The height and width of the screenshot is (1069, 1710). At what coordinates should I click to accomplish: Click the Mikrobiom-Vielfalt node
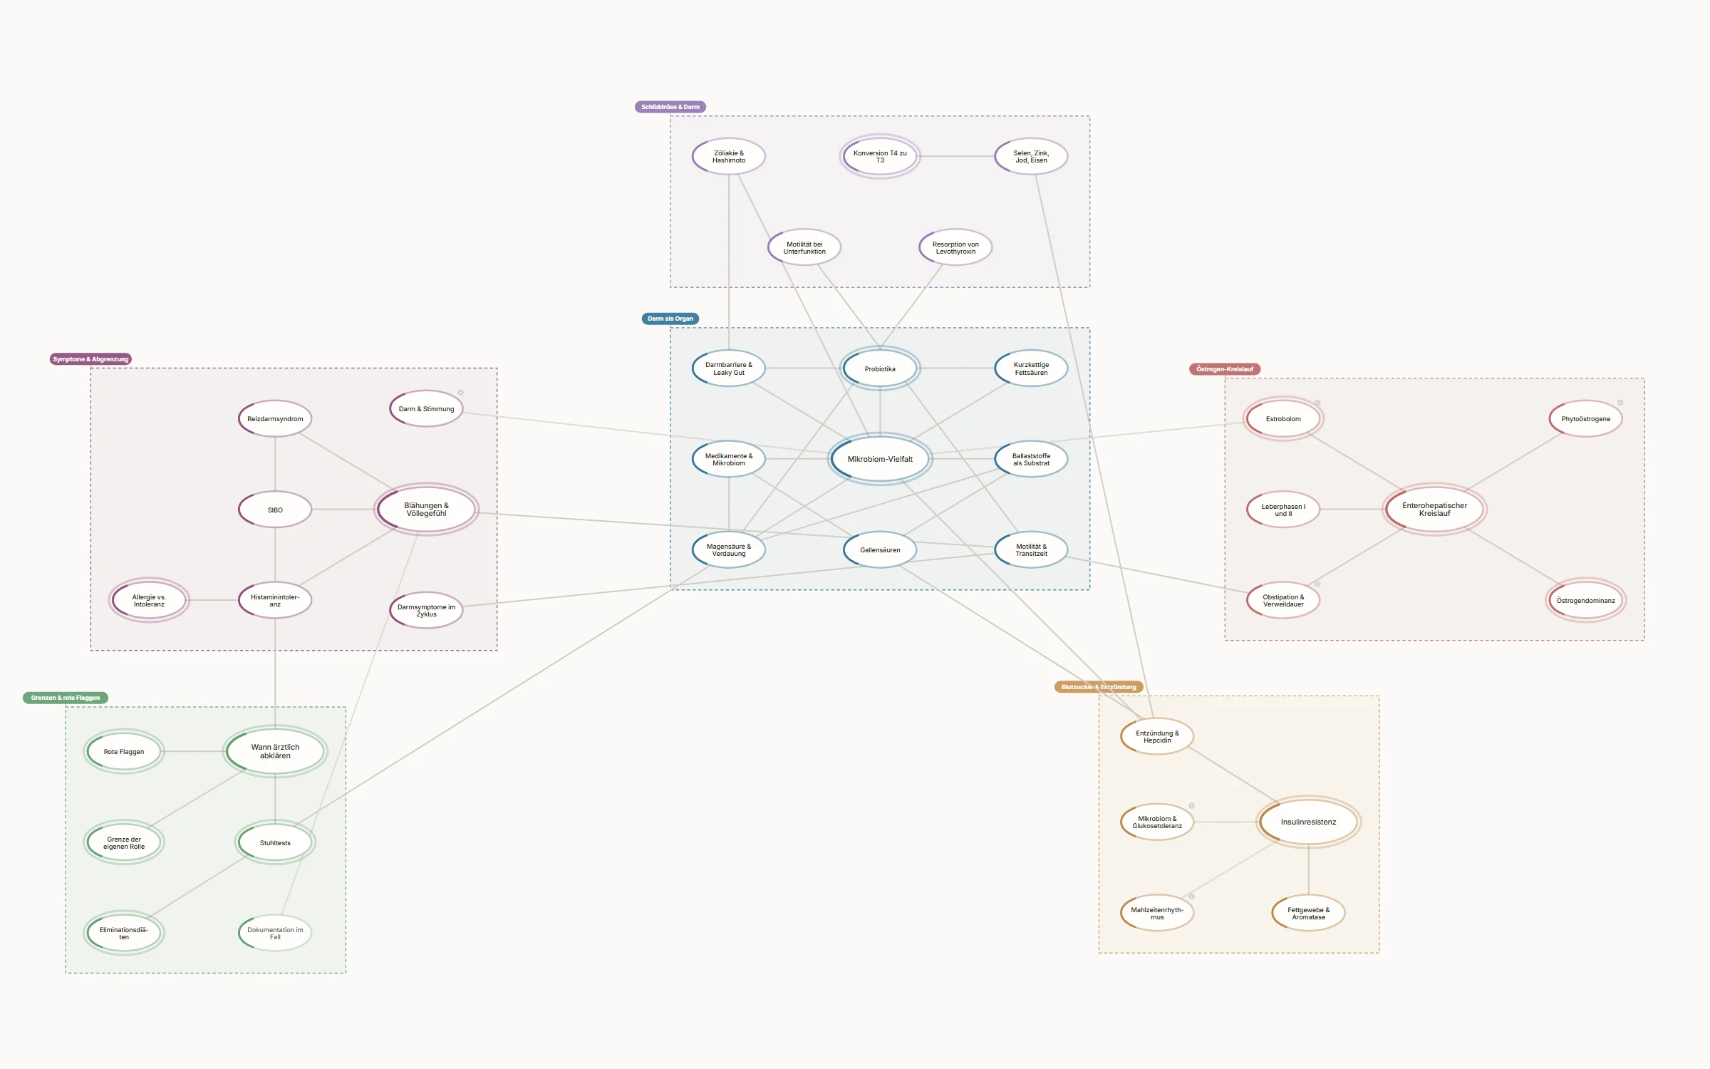pos(880,459)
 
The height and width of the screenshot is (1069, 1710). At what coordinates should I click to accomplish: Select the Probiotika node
pos(880,368)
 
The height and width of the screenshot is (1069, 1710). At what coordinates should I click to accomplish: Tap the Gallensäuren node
pos(880,549)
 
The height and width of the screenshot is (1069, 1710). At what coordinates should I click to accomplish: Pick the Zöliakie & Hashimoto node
pos(729,156)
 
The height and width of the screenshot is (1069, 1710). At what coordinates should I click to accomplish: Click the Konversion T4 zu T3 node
pos(880,156)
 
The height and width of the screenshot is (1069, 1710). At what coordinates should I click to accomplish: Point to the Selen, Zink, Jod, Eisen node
pos(1031,156)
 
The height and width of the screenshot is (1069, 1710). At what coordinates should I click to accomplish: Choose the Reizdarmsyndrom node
pos(275,418)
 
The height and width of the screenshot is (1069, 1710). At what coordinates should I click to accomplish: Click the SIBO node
pos(275,510)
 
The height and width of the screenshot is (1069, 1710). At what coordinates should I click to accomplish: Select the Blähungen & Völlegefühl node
pos(426,510)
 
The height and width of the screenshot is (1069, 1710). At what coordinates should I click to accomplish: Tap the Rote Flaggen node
pos(124,751)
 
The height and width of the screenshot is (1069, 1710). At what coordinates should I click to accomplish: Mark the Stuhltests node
pos(275,842)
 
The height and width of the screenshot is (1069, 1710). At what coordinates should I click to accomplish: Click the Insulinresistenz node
pos(1308,822)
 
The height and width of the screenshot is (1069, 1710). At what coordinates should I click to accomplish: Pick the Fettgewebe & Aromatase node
pos(1308,913)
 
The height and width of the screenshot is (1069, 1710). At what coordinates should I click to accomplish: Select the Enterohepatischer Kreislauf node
pos(1434,510)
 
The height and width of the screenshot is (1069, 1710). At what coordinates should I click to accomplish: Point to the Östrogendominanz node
pos(1585,600)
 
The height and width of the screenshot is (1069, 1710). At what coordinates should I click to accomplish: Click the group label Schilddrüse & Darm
pos(670,107)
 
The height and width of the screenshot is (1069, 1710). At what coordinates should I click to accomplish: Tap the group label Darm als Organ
pos(670,319)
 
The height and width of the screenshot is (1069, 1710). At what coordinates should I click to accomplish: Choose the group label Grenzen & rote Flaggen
pos(66,698)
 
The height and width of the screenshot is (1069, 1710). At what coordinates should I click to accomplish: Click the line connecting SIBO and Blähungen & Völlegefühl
pos(343,510)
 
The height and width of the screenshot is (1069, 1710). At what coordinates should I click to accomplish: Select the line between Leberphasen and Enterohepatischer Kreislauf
pos(1352,510)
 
